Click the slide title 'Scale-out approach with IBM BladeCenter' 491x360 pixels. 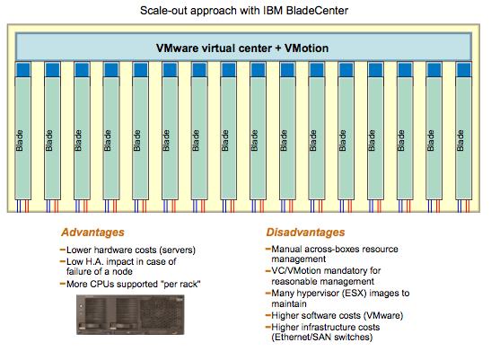tap(244, 11)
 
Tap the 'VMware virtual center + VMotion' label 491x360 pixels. tap(242, 48)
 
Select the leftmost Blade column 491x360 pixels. tap(22, 138)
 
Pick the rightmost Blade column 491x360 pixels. tap(463, 138)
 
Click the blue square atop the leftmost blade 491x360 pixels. tap(22, 69)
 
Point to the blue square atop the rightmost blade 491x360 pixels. tap(463, 69)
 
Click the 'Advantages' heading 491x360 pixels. tap(92, 233)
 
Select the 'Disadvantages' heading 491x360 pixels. tap(305, 233)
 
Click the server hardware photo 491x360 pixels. tap(130, 314)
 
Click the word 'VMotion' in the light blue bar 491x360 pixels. tap(306, 48)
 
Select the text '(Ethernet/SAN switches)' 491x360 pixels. tap(322, 338)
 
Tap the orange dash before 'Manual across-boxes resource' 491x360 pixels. tap(268, 250)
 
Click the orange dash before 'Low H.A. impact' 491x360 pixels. tap(62, 261)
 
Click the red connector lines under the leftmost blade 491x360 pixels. tap(27, 206)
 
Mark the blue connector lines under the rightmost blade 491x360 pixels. tap(460, 206)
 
